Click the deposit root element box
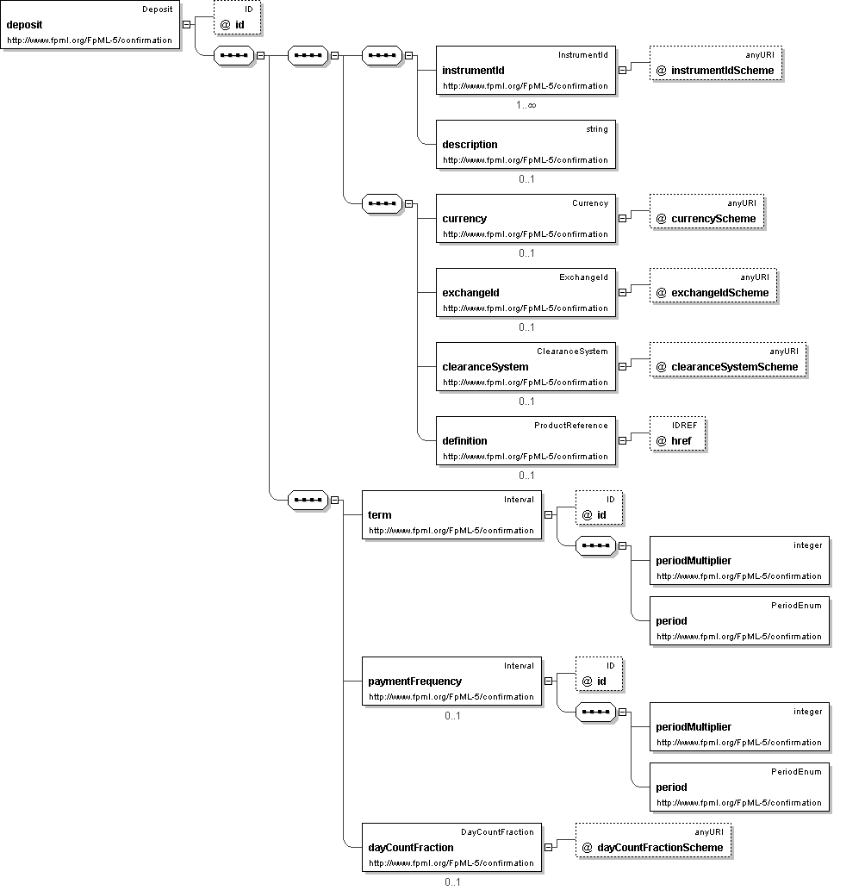tap(90, 24)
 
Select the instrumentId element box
tap(526, 71)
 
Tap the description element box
tap(526, 144)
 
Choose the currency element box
tap(526, 219)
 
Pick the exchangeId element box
tap(526, 292)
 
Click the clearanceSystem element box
tap(526, 367)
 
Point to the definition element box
tap(526, 440)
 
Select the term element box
tap(451, 515)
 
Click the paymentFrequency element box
tap(451, 682)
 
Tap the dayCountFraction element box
tap(451, 848)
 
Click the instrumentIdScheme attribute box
tap(716, 64)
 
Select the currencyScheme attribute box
tap(707, 212)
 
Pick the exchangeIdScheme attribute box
tap(713, 285)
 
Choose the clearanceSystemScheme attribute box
tap(728, 360)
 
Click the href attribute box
tap(678, 433)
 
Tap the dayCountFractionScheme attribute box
tap(653, 841)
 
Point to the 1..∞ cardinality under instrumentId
tap(526, 105)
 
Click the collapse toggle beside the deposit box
tap(186, 24)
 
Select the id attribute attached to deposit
tap(237, 17)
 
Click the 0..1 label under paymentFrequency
tap(452, 716)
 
